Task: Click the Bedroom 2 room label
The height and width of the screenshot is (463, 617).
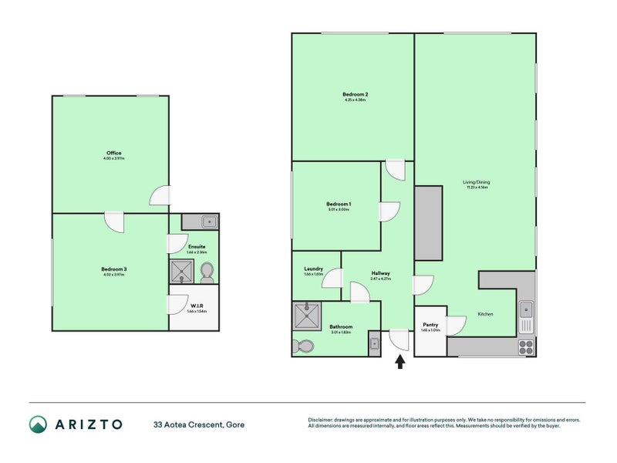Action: point(349,94)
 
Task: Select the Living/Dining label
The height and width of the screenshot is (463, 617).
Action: point(476,182)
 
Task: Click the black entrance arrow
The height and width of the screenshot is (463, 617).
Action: point(400,361)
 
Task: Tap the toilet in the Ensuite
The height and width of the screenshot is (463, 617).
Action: point(206,272)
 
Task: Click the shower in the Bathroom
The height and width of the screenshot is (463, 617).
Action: point(306,315)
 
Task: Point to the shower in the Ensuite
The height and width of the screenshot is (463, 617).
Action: point(182,271)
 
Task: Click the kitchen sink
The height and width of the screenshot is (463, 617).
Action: point(525,310)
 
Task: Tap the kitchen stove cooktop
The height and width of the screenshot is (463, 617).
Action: point(525,345)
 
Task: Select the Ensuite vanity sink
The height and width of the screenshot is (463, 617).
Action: point(207,222)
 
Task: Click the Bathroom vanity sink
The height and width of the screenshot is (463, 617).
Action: point(374,344)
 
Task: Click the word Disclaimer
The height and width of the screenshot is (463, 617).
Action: point(323,419)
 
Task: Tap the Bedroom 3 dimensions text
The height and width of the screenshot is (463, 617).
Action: point(113,275)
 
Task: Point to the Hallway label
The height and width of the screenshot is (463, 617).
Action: point(380,273)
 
